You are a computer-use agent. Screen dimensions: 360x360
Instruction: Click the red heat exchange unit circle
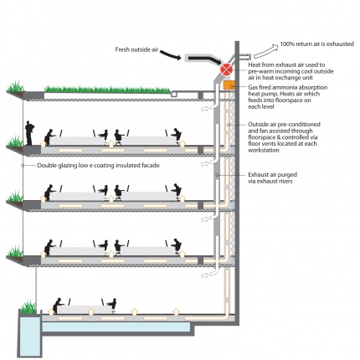click(226, 69)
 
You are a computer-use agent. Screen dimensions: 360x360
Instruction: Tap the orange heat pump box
click(229, 85)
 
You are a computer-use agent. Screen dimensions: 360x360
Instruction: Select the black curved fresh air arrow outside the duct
click(171, 54)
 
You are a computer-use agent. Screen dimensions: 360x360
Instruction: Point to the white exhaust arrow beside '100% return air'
click(266, 50)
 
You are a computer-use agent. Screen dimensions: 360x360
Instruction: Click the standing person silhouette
click(29, 133)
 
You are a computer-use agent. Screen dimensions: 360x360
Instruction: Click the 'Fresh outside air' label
click(136, 49)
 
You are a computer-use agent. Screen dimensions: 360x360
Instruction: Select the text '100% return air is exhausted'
click(317, 44)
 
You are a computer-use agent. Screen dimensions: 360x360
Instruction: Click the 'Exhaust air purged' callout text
click(272, 175)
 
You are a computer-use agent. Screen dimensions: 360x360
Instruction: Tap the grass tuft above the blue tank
click(28, 306)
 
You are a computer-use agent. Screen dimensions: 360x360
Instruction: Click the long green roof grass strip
click(107, 89)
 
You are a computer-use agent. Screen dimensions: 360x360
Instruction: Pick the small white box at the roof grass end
click(174, 95)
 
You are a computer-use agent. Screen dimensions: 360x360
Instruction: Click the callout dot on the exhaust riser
click(218, 175)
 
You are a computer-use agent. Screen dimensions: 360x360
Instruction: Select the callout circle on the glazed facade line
click(23, 166)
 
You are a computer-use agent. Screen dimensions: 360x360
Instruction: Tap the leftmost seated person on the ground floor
click(58, 306)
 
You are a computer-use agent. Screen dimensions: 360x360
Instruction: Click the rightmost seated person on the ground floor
click(112, 306)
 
